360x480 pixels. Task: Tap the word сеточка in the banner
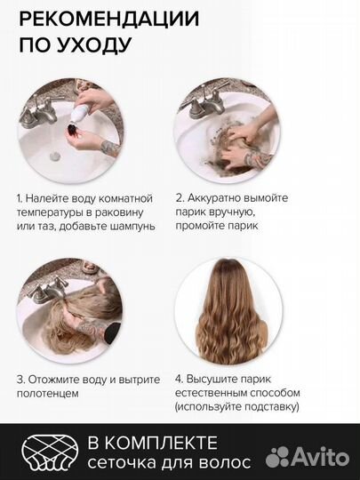[x=119, y=460]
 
